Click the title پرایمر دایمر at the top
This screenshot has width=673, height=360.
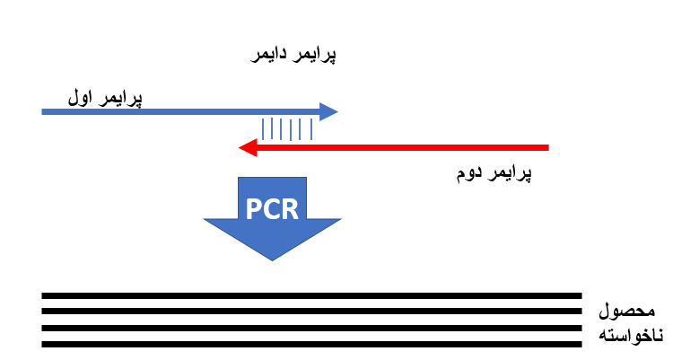[292, 56]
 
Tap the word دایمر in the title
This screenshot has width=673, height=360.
[269, 56]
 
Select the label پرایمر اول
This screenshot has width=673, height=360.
[106, 95]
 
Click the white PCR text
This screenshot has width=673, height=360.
[273, 208]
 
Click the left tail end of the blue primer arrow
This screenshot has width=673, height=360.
[44, 111]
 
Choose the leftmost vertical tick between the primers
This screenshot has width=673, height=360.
[263, 129]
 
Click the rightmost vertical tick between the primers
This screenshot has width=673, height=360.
[311, 129]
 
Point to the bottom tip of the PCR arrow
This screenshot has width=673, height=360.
[273, 259]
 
